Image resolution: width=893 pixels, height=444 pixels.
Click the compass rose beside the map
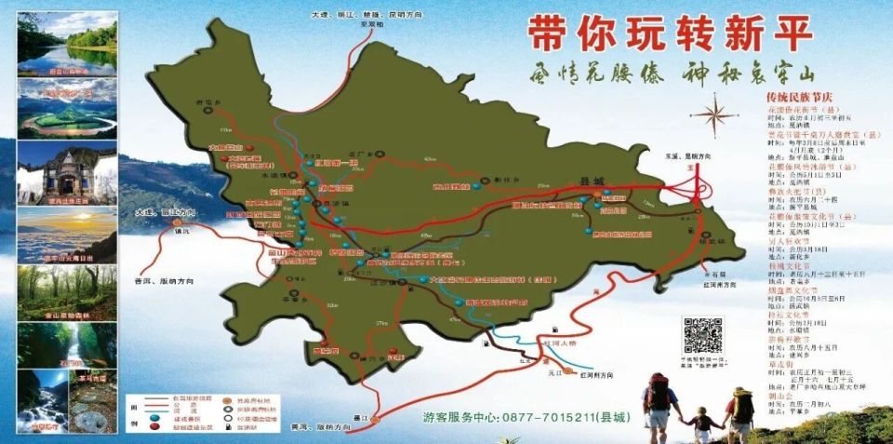(713, 116)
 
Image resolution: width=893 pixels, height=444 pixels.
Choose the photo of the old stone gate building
(67, 172)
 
